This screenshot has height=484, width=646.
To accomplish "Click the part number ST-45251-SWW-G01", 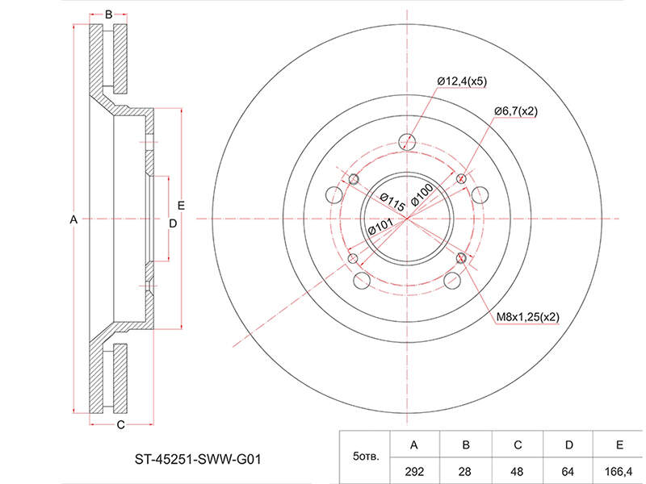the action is [198, 459].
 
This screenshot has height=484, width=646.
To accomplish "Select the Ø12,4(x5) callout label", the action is [462, 81].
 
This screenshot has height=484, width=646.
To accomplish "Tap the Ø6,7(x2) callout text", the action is [516, 111].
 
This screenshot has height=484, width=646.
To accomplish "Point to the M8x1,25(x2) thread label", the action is [528, 317].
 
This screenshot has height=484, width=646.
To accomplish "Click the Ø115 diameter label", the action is [392, 202].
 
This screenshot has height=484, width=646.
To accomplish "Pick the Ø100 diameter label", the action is [422, 194].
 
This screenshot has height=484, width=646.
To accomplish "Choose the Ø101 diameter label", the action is [380, 227].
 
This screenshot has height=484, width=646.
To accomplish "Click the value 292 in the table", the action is [414, 471].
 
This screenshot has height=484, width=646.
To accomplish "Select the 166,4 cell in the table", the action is [619, 471].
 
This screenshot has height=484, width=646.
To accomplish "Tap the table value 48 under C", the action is [517, 471].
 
